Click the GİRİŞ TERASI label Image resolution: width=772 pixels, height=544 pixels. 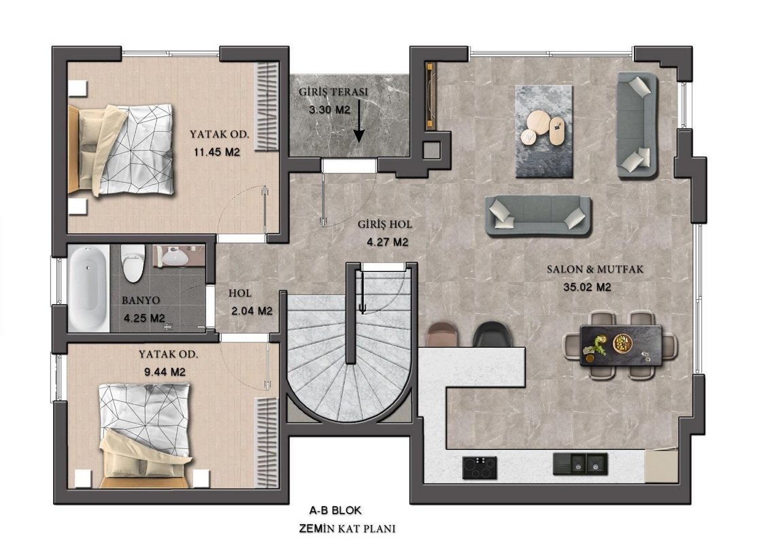[333, 92]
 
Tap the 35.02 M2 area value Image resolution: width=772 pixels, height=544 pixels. [587, 287]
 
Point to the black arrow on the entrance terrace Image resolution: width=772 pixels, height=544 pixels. [359, 121]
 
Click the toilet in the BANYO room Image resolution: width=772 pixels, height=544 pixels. [133, 263]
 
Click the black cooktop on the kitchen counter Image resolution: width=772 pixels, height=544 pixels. [480, 467]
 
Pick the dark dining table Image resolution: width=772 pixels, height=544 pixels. [621, 345]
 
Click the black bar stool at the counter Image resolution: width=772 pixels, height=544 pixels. [492, 334]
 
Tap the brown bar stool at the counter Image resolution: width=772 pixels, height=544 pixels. [443, 334]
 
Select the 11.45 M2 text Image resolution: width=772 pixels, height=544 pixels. [216, 152]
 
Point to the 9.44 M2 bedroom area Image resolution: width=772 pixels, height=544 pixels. [165, 372]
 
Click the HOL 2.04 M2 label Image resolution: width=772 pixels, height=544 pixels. [250, 303]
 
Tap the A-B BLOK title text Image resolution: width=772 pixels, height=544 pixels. [335, 510]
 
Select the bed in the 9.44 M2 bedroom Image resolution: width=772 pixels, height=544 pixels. [146, 436]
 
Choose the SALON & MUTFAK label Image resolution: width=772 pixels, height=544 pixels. [595, 269]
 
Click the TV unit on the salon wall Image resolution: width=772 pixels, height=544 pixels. [431, 95]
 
